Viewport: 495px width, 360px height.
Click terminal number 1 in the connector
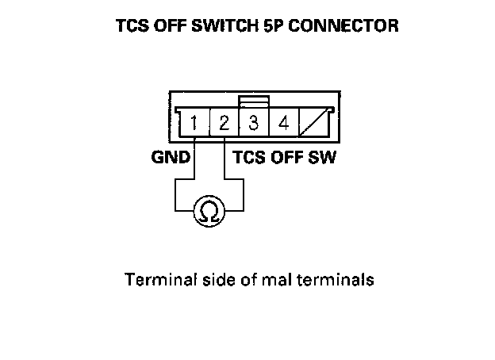point(194,124)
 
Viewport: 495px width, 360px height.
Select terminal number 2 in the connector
point(224,124)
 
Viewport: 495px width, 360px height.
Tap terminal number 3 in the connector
point(254,124)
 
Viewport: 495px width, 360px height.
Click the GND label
point(171,157)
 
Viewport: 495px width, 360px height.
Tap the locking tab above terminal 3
point(254,102)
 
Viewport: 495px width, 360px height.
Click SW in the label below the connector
point(324,157)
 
